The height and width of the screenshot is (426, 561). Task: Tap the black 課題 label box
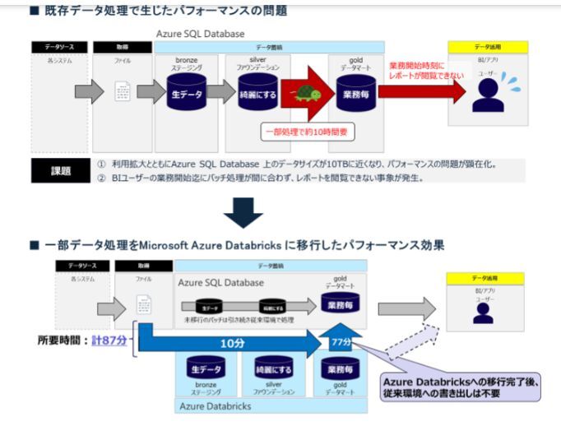click(x=61, y=170)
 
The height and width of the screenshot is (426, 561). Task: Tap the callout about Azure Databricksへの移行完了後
click(x=460, y=387)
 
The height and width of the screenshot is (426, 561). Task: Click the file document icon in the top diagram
click(x=123, y=92)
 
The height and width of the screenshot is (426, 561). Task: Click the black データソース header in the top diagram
click(x=59, y=47)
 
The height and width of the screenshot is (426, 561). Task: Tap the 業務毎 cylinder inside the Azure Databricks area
click(x=341, y=371)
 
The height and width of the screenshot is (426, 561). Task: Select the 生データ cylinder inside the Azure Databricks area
click(x=206, y=371)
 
